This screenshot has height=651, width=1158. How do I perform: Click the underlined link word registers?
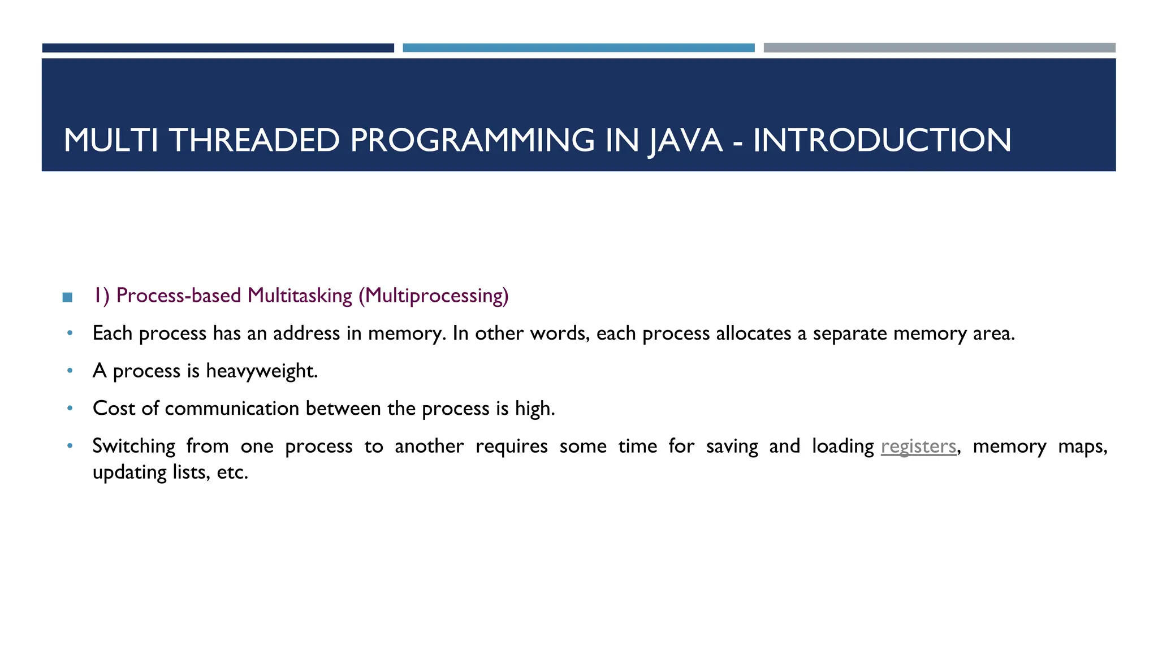pos(918,446)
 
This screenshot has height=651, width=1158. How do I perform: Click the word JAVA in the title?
pos(685,140)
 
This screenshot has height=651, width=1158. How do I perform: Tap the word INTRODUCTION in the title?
pos(882,140)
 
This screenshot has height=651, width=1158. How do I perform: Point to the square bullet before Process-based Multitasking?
pos(67,297)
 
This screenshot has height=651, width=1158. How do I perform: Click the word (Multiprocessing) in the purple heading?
pos(434,296)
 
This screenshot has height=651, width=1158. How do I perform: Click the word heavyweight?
pos(262,371)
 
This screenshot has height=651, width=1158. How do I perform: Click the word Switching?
pos(134,446)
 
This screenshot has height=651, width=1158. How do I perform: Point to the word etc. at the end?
pos(233,472)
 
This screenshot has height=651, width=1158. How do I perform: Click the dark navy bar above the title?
pos(218,48)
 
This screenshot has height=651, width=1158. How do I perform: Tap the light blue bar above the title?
pos(578,48)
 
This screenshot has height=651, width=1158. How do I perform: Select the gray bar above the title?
pos(939,48)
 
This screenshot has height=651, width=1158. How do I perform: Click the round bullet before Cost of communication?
pos(70,408)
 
